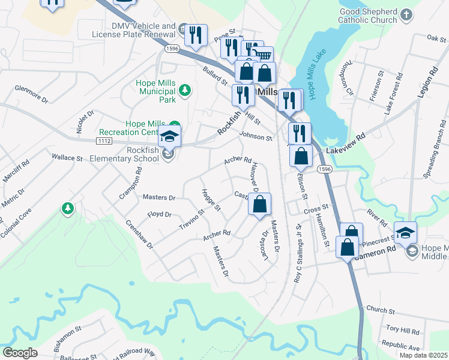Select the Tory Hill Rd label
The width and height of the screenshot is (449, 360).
coord(402,331)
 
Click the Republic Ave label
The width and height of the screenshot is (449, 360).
coord(400,347)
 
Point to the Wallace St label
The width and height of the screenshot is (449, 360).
coord(67,158)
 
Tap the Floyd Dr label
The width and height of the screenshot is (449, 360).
coord(159,214)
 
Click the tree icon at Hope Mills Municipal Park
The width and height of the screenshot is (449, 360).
coord(186,90)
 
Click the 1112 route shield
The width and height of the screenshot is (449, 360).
coord(104,140)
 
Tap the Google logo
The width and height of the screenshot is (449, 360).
coord(20,352)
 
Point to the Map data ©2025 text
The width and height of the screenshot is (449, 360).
coord(423,355)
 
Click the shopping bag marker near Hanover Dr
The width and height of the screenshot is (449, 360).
coord(259,205)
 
